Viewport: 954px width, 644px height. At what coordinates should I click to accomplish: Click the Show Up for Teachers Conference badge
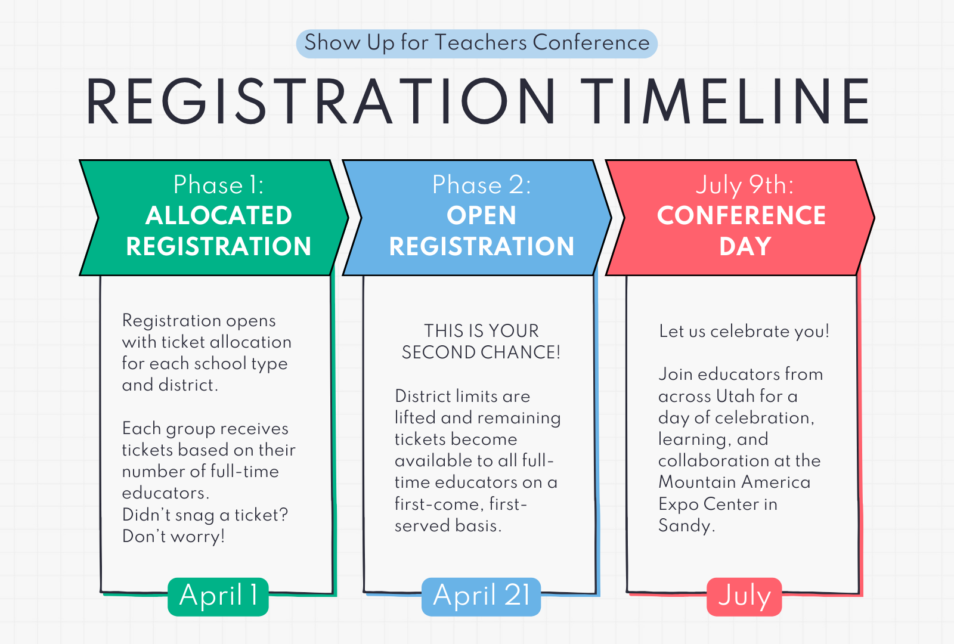pyautogui.click(x=476, y=44)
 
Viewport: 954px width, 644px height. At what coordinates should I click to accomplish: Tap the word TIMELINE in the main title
pyautogui.click(x=724, y=102)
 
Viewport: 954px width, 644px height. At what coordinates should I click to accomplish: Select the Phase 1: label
pyautogui.click(x=218, y=185)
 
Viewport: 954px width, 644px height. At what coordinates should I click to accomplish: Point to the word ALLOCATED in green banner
pyautogui.click(x=218, y=215)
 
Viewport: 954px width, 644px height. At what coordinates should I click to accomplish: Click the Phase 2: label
pyautogui.click(x=482, y=185)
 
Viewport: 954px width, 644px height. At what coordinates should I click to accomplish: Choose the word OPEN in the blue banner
pyautogui.click(x=481, y=215)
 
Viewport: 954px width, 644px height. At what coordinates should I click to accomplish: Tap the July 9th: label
pyautogui.click(x=745, y=185)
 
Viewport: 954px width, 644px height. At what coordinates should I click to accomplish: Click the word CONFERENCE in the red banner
pyautogui.click(x=742, y=215)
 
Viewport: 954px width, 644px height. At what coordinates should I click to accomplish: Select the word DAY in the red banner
pyautogui.click(x=745, y=246)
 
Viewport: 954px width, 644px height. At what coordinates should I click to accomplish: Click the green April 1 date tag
pyautogui.click(x=218, y=597)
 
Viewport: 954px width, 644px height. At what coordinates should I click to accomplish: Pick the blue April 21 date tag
pyautogui.click(x=481, y=597)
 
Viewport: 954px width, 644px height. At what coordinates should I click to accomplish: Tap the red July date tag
pyautogui.click(x=745, y=597)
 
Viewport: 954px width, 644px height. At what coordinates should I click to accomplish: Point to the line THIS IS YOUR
pyautogui.click(x=481, y=331)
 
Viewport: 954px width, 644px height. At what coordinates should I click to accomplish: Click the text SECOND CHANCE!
pyautogui.click(x=481, y=352)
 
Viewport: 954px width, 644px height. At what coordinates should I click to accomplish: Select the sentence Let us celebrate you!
pyautogui.click(x=744, y=332)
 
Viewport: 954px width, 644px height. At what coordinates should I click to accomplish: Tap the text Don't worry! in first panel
pyautogui.click(x=174, y=536)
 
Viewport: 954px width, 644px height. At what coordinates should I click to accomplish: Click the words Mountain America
pyautogui.click(x=734, y=482)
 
